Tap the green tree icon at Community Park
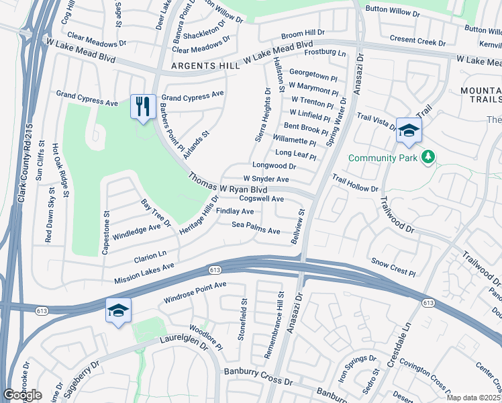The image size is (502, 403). point(428,158)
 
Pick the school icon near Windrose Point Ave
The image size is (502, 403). point(117,310)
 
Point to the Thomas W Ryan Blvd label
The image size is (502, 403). point(224,183)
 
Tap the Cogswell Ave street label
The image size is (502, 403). point(262,199)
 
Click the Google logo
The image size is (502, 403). point(22,395)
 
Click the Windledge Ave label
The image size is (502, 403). point(137,228)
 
